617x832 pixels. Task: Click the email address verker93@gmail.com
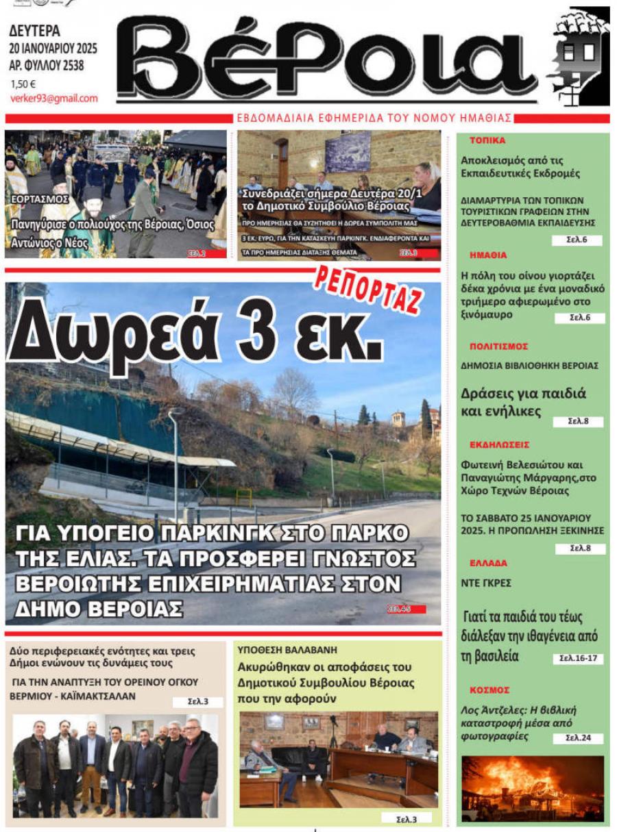click(54, 99)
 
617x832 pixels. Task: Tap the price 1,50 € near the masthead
click(23, 85)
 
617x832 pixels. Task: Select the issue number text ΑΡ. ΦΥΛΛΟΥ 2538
click(47, 66)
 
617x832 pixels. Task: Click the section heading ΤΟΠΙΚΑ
click(487, 140)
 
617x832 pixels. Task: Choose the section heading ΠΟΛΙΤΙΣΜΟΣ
click(499, 346)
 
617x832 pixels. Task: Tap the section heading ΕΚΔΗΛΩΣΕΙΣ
click(499, 444)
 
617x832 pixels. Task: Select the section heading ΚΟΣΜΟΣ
click(489, 690)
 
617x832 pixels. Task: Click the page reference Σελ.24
click(578, 738)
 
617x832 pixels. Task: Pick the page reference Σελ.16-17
click(578, 659)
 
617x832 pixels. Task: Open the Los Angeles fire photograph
click(533, 788)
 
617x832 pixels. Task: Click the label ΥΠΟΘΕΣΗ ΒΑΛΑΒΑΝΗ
click(287, 650)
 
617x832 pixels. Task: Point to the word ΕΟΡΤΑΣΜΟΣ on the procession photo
click(40, 199)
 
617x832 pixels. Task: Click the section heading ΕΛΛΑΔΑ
click(489, 564)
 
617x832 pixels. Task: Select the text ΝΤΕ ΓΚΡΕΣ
click(486, 583)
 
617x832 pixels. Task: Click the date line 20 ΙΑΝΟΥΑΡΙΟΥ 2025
click(53, 49)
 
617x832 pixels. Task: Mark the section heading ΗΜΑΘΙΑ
click(488, 255)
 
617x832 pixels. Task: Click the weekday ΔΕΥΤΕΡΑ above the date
click(35, 31)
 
